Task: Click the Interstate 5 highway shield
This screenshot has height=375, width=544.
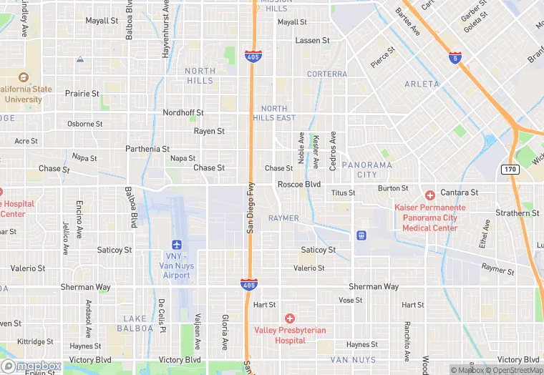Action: pos(455,59)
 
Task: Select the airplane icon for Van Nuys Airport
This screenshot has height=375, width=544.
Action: pos(177,245)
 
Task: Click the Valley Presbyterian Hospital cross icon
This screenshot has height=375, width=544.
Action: pos(290,318)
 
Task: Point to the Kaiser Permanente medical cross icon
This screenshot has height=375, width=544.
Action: pos(429,195)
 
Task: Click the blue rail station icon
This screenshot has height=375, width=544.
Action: pos(361,235)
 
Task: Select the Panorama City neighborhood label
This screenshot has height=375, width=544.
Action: pos(367,170)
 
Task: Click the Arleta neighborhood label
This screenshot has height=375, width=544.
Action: pos(422,84)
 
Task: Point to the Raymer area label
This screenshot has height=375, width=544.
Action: pos(283,218)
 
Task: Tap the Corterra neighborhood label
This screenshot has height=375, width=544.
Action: pos(327,74)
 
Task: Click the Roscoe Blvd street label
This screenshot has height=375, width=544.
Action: pos(299,184)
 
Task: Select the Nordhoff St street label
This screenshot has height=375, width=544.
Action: pos(183,113)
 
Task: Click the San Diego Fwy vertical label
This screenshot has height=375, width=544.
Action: pos(251,207)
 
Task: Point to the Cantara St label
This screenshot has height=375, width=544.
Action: pos(460,193)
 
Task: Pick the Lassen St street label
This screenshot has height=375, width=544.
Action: pos(312,41)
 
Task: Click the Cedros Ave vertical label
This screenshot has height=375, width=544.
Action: pos(333,151)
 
